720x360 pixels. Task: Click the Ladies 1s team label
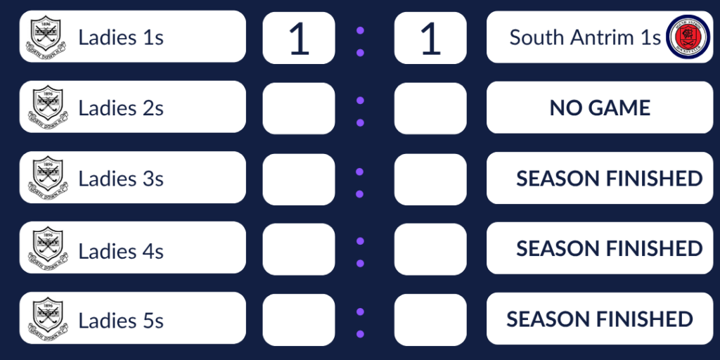click(121, 37)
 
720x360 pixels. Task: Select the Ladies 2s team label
click(121, 108)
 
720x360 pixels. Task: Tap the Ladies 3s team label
click(121, 179)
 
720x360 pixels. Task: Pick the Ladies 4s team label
click(121, 250)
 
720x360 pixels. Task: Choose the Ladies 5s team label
click(121, 321)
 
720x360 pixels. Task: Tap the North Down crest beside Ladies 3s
click(47, 178)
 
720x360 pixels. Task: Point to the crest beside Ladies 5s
click(47, 319)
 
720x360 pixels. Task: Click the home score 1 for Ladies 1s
click(299, 39)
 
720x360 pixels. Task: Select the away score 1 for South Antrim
click(430, 39)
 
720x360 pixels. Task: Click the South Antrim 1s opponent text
click(585, 37)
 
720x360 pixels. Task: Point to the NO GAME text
click(600, 108)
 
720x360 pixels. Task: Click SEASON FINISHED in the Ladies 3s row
click(609, 179)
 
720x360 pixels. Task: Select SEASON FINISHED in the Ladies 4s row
click(609, 249)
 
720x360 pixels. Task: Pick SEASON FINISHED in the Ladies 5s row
click(600, 319)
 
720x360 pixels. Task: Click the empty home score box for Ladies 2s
click(299, 108)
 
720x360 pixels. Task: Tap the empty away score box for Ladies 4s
click(430, 249)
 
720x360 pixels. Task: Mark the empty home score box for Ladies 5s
click(299, 320)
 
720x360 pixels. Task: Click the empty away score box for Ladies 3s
click(430, 179)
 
